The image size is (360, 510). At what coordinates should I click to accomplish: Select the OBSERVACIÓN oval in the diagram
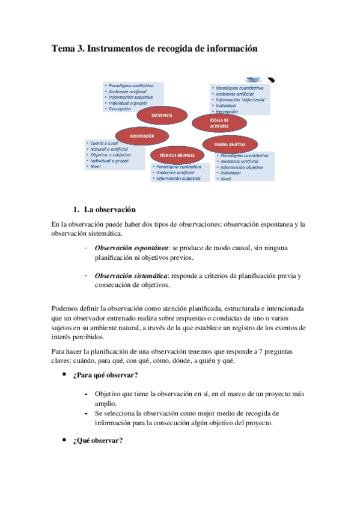(x=142, y=136)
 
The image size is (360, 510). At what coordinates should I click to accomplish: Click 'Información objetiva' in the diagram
(x=242, y=167)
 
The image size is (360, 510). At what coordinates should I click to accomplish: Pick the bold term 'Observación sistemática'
(x=131, y=275)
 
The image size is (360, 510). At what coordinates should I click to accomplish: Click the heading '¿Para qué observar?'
(x=105, y=376)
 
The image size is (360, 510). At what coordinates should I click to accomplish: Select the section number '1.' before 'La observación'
(x=76, y=210)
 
